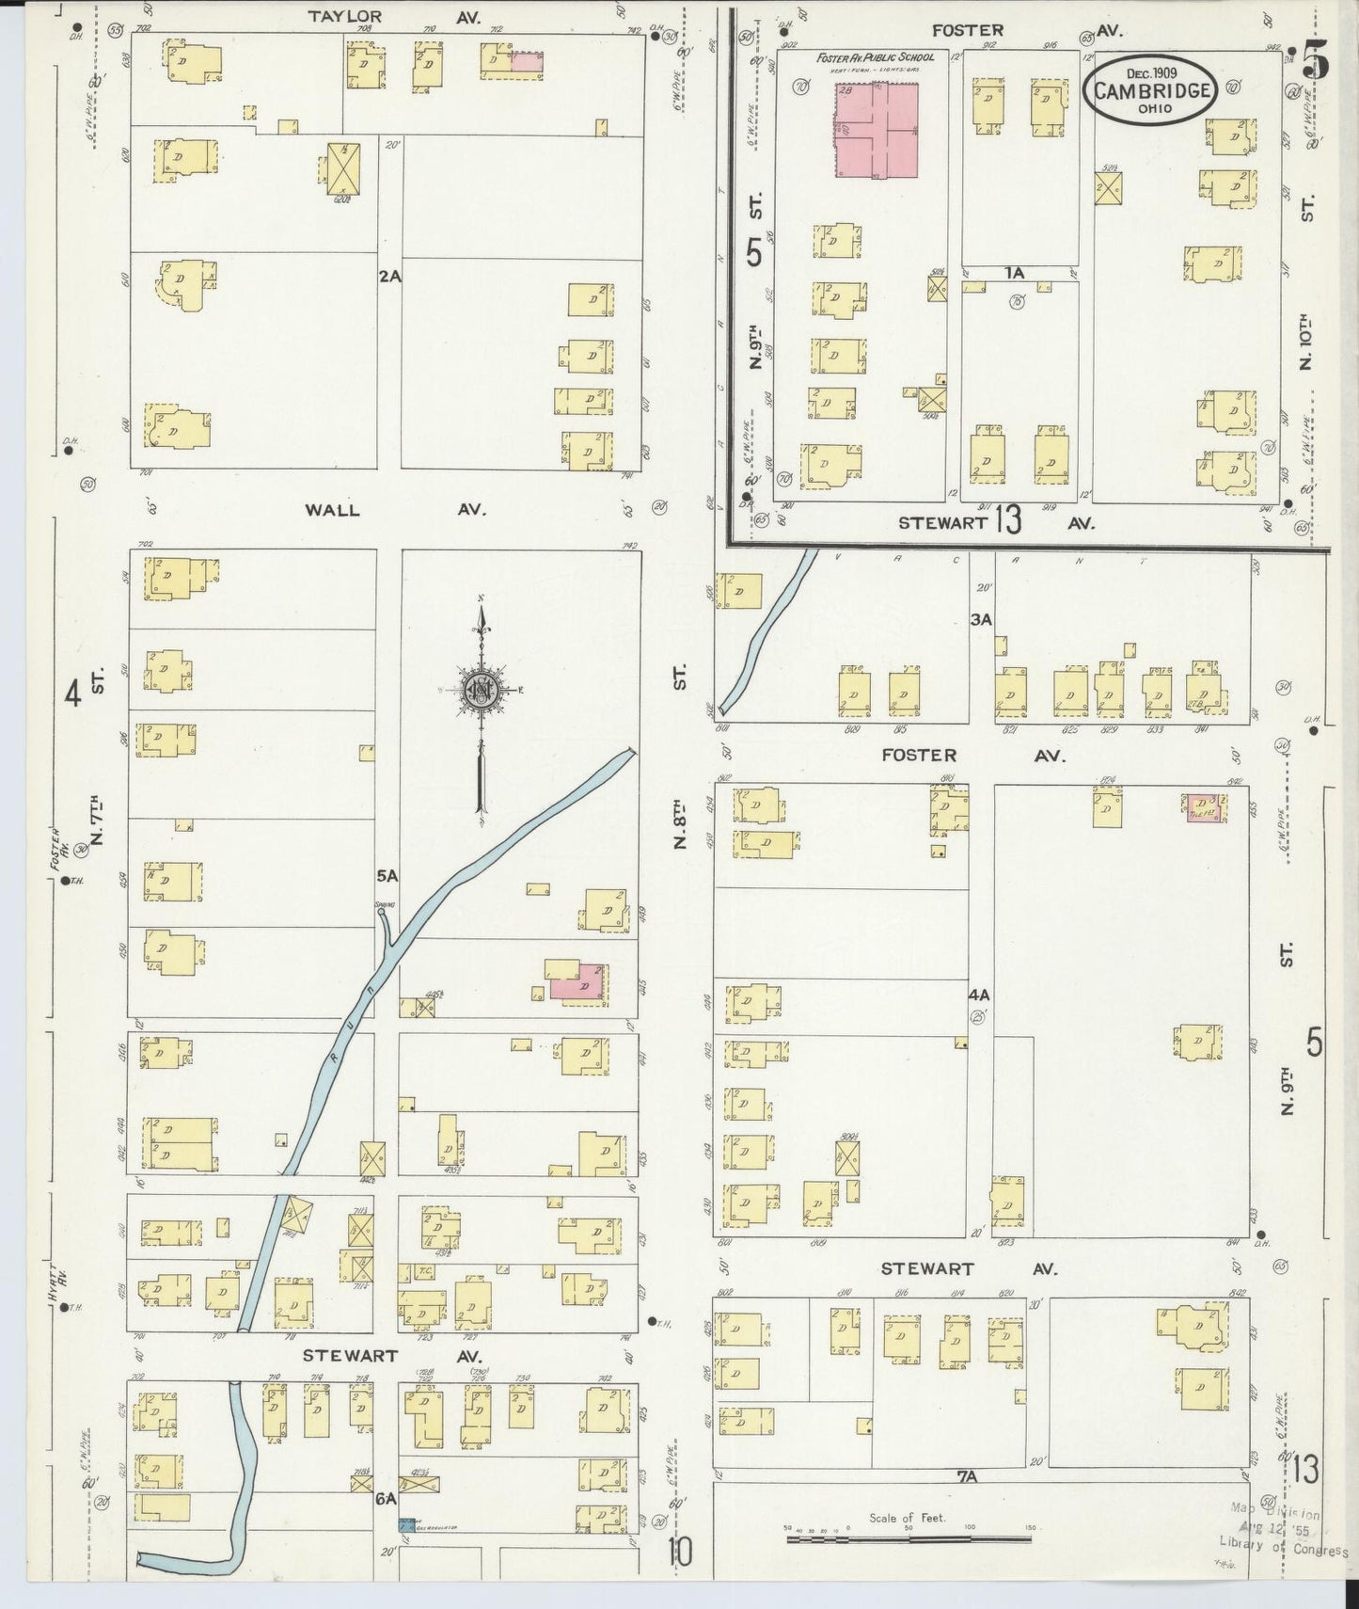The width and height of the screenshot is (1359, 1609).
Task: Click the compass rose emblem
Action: (x=481, y=693)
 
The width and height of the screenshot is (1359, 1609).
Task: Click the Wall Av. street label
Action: (x=395, y=509)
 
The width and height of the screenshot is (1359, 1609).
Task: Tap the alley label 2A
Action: (x=389, y=277)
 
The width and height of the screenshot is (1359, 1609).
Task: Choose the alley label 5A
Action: (x=387, y=876)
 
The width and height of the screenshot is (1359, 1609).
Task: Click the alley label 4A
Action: (x=979, y=995)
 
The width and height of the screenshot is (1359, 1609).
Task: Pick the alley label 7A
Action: (x=968, y=1477)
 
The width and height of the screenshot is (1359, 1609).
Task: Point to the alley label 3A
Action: (x=981, y=619)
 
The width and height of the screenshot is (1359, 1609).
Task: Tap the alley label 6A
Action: (x=386, y=1500)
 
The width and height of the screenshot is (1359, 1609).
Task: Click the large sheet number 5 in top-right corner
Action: (x=1317, y=63)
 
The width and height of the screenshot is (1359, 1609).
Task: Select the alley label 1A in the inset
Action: (x=1013, y=273)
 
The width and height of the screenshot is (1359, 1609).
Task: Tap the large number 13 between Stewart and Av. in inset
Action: (x=1007, y=520)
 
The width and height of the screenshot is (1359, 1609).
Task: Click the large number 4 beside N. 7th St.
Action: (x=72, y=694)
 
